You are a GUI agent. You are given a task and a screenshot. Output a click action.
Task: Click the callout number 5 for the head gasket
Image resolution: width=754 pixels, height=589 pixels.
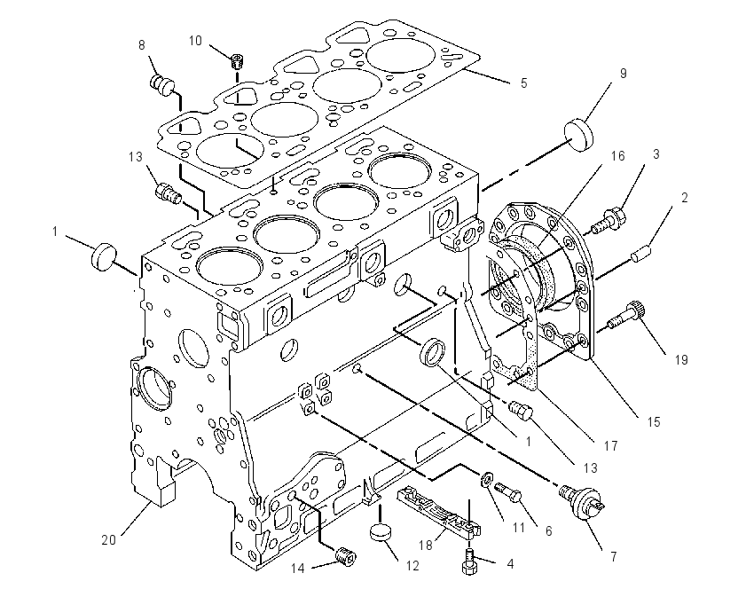point(523,83)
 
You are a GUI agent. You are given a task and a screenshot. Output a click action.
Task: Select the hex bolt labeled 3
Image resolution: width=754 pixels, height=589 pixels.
point(609,221)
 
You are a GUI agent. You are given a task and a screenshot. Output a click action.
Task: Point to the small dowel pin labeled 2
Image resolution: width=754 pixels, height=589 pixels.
point(641,254)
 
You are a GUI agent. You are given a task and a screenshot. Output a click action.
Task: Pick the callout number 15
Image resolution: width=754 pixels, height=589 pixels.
point(654,422)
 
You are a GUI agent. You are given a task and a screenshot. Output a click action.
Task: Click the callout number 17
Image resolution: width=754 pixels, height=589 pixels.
point(610,446)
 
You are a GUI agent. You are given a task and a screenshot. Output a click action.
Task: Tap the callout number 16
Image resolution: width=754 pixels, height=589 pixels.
point(618,156)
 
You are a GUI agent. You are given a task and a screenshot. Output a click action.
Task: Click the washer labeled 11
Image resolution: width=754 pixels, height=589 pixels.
point(486,478)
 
